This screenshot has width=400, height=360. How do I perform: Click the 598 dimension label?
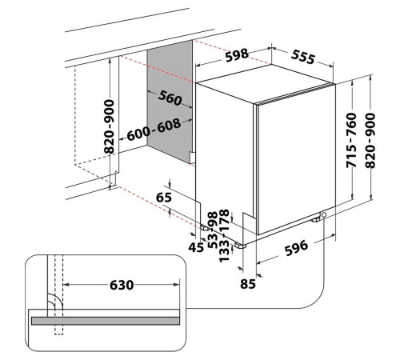[x=237, y=55]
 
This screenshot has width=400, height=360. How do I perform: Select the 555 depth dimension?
[x=303, y=57]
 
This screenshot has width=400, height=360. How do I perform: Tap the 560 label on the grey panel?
[x=170, y=98]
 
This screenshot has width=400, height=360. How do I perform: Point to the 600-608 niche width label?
[x=154, y=129]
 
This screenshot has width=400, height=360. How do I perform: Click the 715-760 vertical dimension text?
[x=351, y=140]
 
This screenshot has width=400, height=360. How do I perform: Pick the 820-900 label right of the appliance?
[x=370, y=140]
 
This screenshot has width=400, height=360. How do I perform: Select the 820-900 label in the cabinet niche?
[x=109, y=126]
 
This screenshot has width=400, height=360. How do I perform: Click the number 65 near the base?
[x=164, y=198]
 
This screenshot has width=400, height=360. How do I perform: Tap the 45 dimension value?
[x=196, y=248]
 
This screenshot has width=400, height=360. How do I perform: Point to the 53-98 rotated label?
[x=213, y=230]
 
